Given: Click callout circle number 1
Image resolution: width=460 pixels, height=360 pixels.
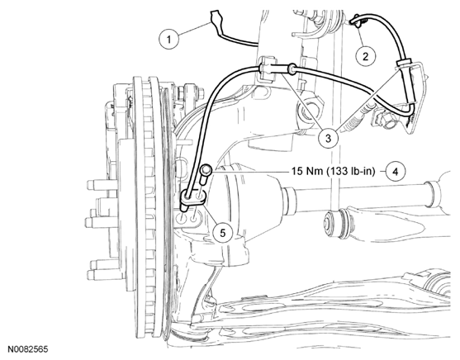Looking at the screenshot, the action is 168,39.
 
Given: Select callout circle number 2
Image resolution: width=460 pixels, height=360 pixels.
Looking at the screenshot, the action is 365,56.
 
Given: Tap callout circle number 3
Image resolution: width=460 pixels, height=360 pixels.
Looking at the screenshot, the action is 328,138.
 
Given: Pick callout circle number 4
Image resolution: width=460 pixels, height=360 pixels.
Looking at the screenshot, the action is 396,172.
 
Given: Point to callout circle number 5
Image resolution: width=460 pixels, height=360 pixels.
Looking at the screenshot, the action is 223,233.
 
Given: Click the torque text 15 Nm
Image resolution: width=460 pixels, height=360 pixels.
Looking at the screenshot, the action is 307,171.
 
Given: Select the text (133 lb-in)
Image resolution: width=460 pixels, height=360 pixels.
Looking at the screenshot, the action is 350,172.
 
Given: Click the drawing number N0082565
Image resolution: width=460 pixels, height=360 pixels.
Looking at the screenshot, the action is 27,349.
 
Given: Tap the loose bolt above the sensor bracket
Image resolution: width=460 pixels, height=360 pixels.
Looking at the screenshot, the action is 206,174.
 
